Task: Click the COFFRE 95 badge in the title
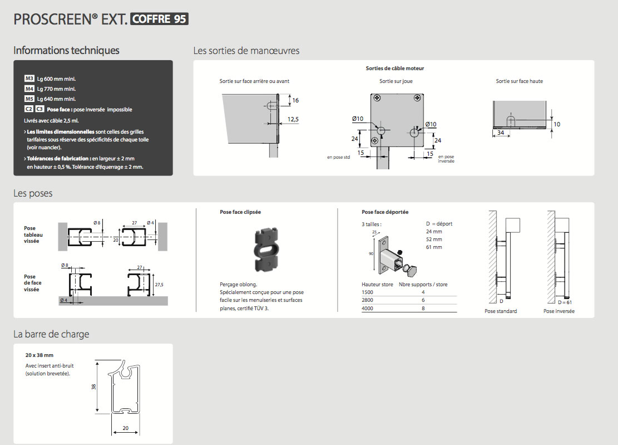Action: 159,19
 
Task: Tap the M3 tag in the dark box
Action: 29,79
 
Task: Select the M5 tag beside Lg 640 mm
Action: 29,99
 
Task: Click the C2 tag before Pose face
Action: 29,109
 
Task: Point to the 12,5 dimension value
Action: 293,119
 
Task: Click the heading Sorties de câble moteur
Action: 394,69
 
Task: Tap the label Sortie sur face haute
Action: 519,81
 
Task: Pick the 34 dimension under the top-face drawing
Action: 501,133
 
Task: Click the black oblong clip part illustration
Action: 266,249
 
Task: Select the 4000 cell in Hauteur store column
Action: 367,309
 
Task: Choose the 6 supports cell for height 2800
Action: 423,300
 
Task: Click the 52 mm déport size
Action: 434,239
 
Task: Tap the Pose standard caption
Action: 501,311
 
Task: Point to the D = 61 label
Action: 565,302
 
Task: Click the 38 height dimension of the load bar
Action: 94,387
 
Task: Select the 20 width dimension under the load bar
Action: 125,428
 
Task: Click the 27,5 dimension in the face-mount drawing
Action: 159,285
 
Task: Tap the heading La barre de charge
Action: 51,334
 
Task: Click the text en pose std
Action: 338,158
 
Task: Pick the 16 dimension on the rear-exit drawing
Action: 295,100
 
